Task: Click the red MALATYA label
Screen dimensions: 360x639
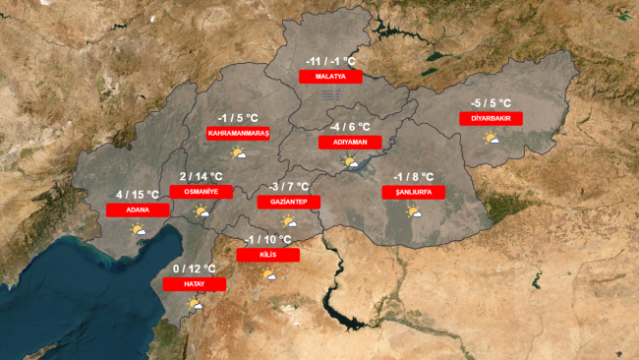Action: tap(331, 76)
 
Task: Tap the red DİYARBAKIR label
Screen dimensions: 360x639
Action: tap(491, 118)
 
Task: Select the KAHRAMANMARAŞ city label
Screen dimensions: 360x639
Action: tap(238, 133)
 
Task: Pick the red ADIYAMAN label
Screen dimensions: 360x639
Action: tap(350, 142)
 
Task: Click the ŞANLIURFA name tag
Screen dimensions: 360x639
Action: tap(414, 193)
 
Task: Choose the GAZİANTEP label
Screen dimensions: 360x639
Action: tap(289, 202)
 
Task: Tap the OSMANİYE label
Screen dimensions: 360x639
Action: tap(202, 192)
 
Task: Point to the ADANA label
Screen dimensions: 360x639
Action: tap(137, 210)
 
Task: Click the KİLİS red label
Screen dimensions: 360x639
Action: tap(268, 255)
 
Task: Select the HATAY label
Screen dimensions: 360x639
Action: tap(194, 283)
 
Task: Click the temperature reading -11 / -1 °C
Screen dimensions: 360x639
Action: tap(331, 60)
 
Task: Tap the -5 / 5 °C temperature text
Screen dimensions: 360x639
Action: tap(491, 102)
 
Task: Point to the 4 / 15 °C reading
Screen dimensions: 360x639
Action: tap(137, 194)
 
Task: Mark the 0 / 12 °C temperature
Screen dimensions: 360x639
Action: tap(194, 269)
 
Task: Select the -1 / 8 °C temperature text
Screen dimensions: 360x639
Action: tap(414, 177)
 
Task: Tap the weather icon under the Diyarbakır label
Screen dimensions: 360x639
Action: tap(491, 138)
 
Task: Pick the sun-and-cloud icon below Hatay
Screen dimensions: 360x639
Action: tap(195, 303)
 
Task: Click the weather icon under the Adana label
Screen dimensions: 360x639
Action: tap(138, 229)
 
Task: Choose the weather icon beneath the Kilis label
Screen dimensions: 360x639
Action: tap(267, 274)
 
